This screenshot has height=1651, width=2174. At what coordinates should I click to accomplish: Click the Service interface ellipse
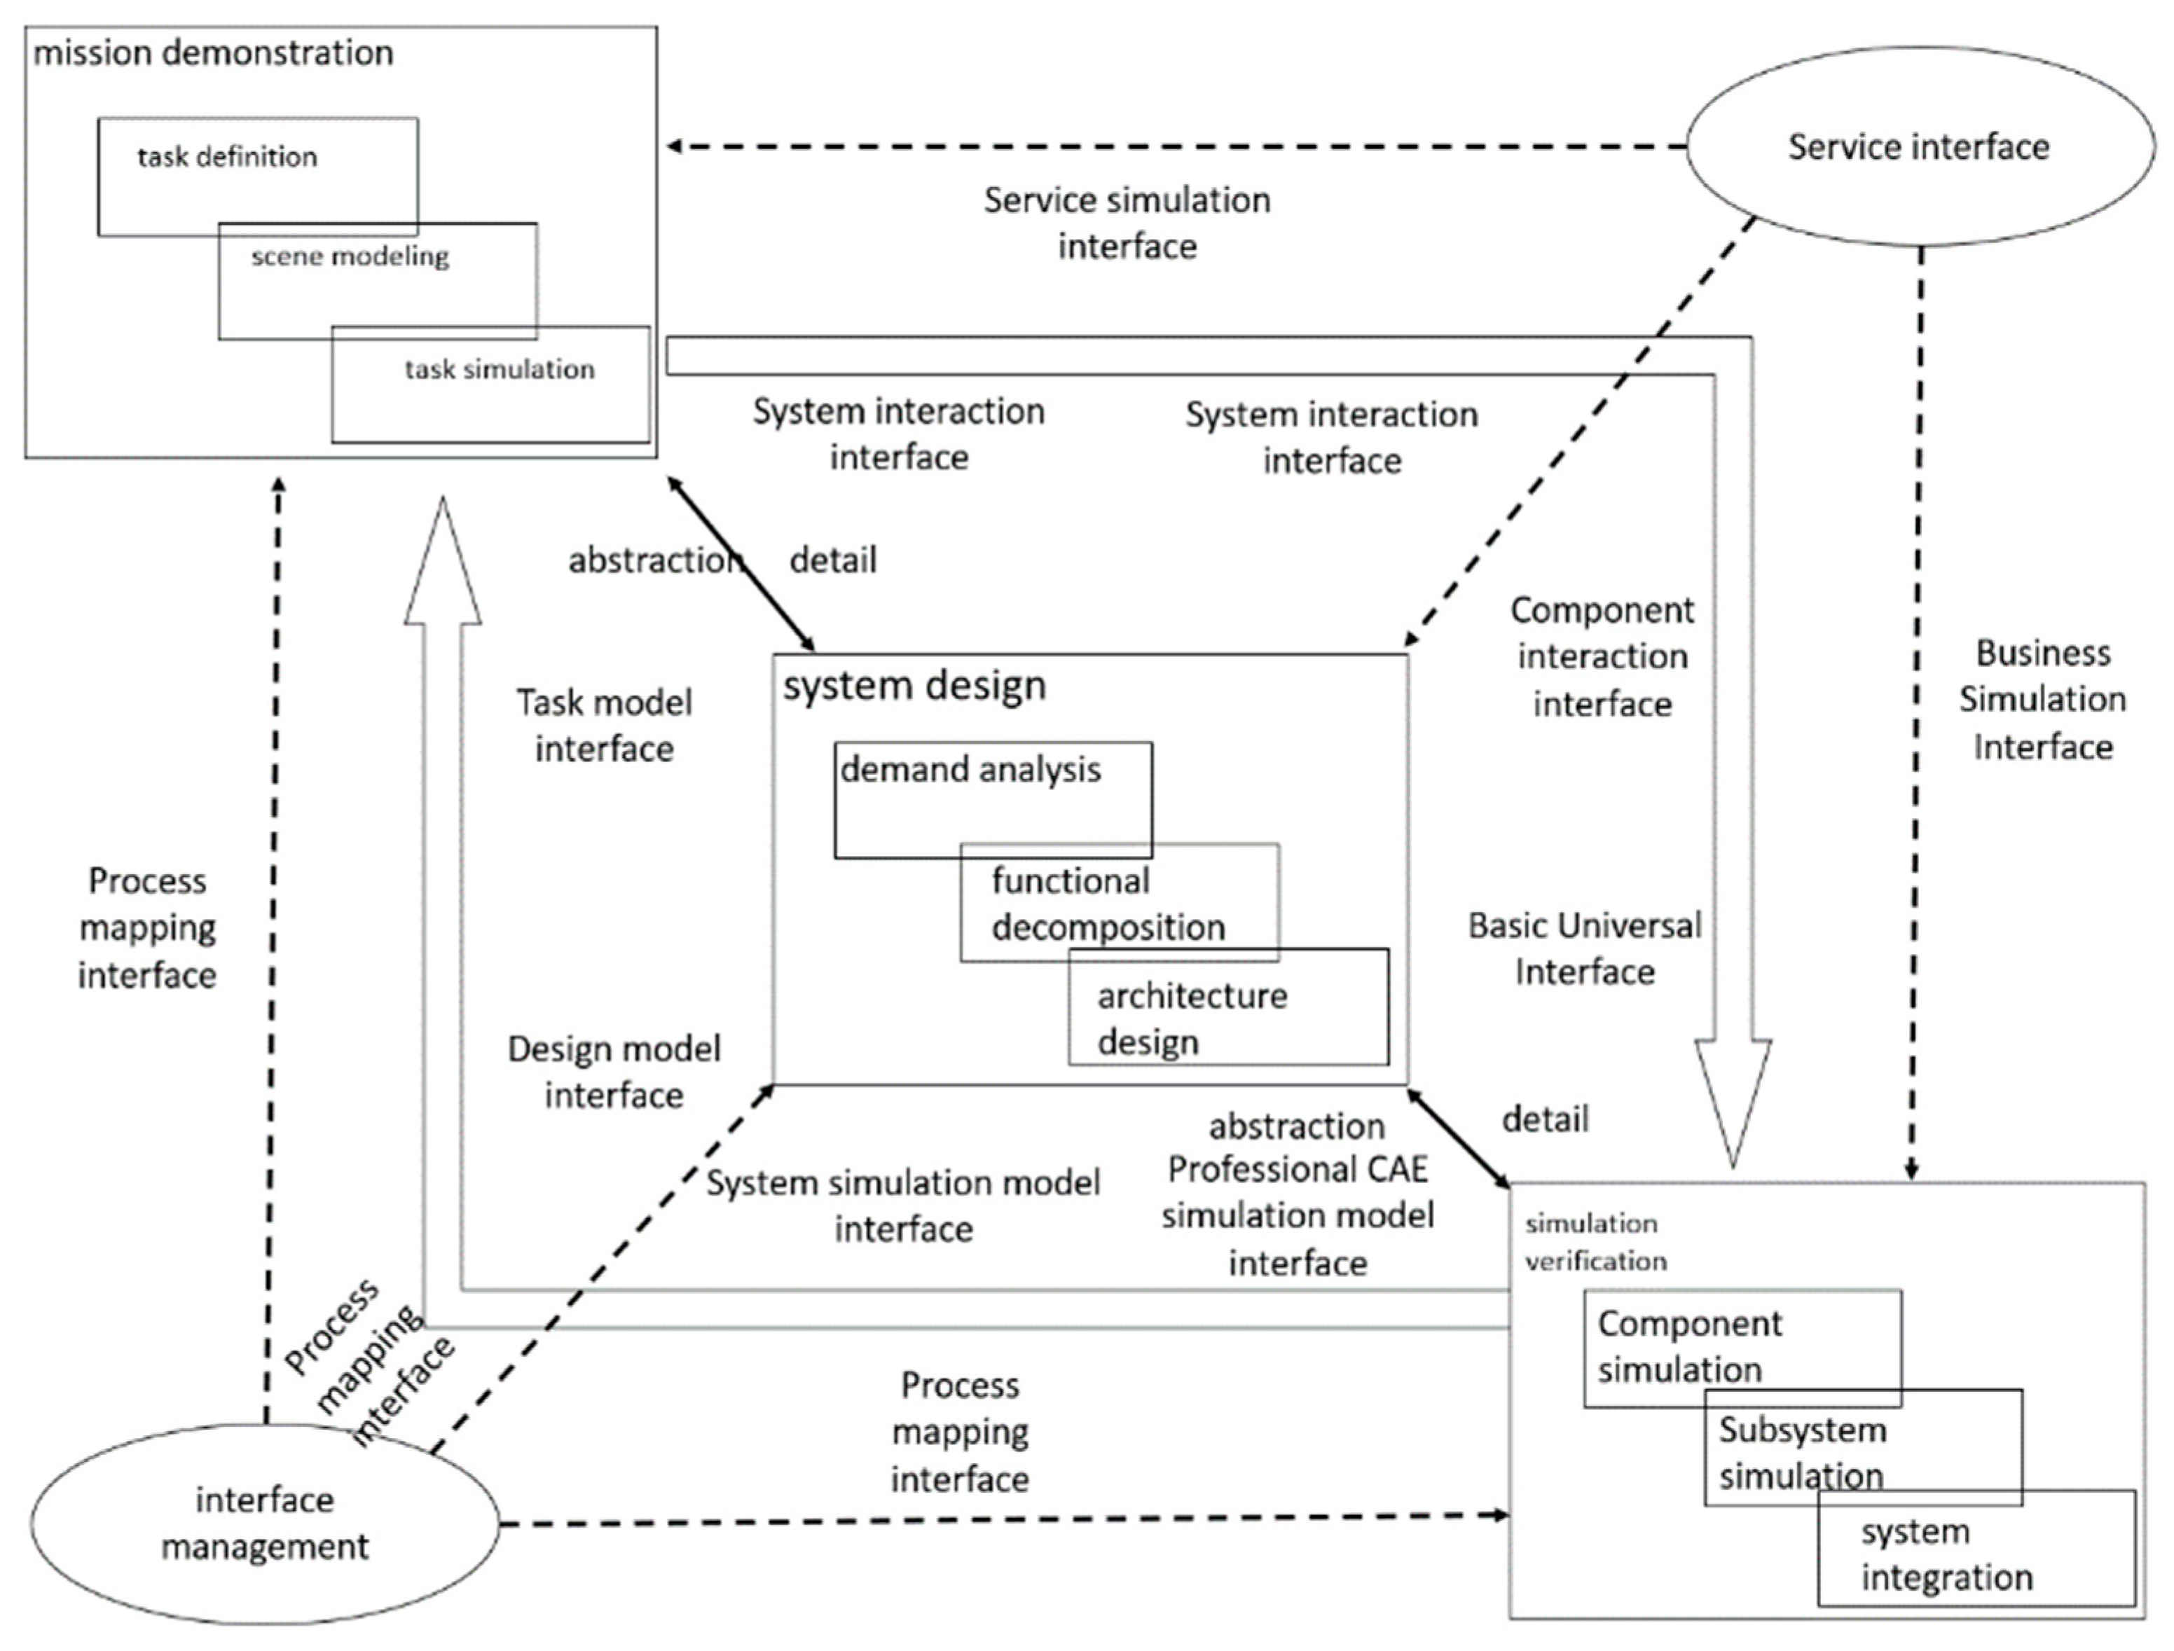(x=1918, y=146)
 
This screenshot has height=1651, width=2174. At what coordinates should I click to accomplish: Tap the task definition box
(x=227, y=157)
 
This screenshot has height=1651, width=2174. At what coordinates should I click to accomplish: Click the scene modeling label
(x=350, y=256)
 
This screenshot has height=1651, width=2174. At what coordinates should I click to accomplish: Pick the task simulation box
(x=500, y=370)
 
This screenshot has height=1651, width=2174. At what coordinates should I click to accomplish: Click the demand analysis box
(x=970, y=771)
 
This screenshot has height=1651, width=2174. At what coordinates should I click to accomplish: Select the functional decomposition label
(x=1108, y=903)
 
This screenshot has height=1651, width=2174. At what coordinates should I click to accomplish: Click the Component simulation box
(x=1688, y=1346)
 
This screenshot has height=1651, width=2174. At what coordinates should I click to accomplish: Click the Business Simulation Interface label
(x=2042, y=700)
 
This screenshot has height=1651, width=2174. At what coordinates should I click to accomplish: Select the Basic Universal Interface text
(x=1583, y=948)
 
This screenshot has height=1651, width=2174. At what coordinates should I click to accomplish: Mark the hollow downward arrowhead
(x=1733, y=1100)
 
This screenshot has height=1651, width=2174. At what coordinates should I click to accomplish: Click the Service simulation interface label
(x=1127, y=223)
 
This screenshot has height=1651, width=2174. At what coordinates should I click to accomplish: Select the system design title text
(x=914, y=686)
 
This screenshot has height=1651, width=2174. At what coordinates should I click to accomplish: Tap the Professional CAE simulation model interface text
(x=1298, y=1215)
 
